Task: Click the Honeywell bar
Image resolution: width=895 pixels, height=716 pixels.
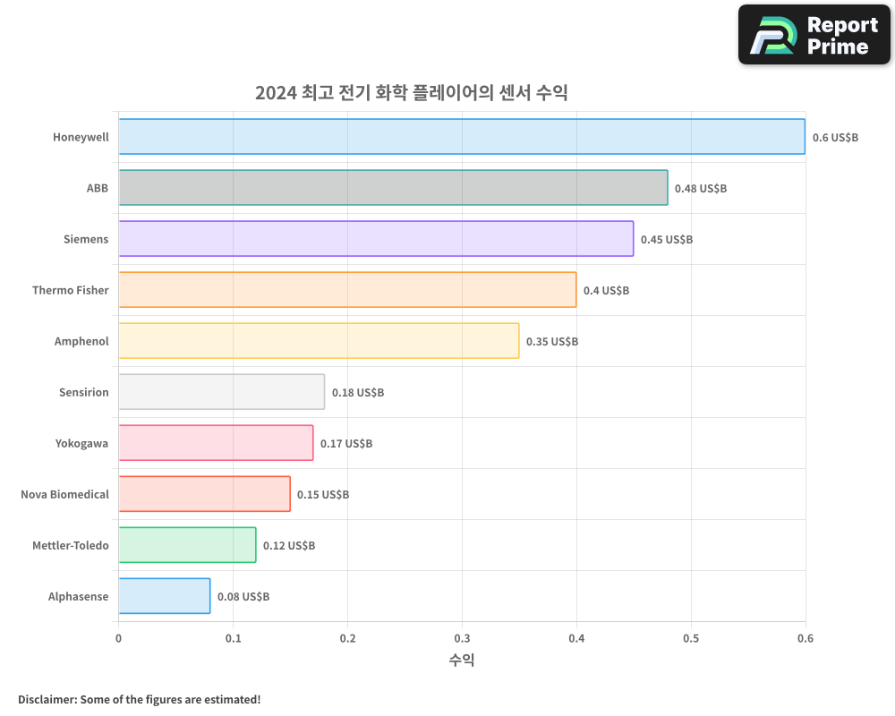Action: click(x=462, y=137)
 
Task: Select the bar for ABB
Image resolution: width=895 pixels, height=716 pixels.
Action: click(x=393, y=188)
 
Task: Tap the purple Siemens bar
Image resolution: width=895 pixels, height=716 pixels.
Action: click(x=376, y=239)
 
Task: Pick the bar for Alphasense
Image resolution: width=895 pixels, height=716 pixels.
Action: click(x=165, y=596)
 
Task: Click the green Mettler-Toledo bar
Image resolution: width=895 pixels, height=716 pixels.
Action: click(x=187, y=545)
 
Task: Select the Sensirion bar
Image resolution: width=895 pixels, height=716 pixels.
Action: click(x=221, y=392)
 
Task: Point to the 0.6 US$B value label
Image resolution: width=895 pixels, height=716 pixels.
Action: click(x=835, y=138)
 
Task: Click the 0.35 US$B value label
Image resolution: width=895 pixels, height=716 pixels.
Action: click(x=552, y=342)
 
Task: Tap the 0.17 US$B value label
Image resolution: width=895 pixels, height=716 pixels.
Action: click(x=346, y=444)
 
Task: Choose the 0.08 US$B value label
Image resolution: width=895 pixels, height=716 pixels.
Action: click(x=243, y=597)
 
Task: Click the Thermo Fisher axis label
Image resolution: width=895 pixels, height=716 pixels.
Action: click(x=71, y=290)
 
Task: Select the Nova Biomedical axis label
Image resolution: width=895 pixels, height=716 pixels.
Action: click(x=64, y=494)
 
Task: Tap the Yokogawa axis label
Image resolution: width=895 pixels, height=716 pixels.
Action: click(x=81, y=443)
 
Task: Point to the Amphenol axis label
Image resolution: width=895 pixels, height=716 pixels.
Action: click(x=81, y=341)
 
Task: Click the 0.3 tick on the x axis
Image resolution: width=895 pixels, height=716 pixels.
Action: click(x=462, y=639)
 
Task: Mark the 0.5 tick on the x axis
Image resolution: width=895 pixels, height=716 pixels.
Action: click(x=691, y=639)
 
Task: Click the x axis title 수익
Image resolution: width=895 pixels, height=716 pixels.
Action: click(x=462, y=661)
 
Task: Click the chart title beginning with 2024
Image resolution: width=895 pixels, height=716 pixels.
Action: click(x=411, y=93)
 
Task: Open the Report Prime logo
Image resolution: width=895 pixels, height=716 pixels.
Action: click(x=814, y=35)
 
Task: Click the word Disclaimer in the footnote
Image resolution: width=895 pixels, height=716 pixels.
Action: click(x=46, y=699)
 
